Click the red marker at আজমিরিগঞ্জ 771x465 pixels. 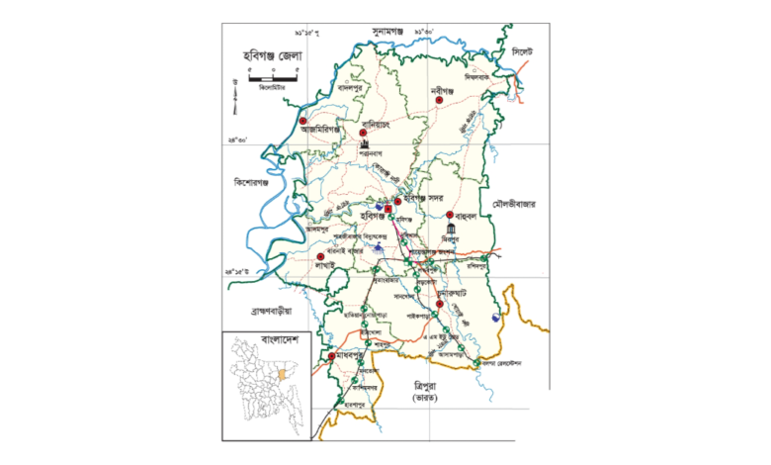[303, 124]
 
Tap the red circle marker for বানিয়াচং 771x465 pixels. [364, 132]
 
